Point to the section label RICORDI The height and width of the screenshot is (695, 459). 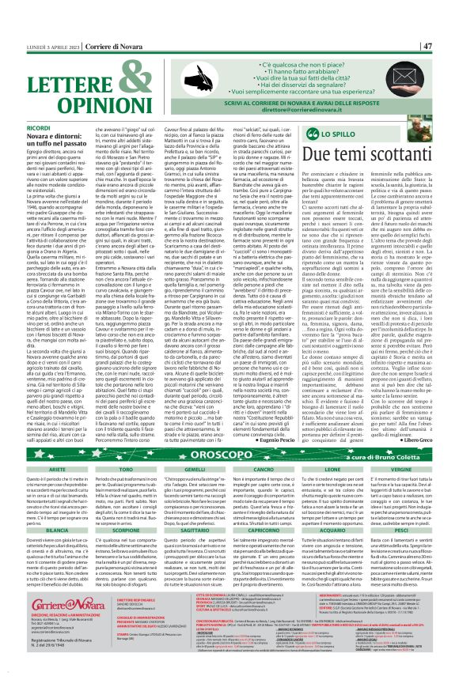coord(42,127)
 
